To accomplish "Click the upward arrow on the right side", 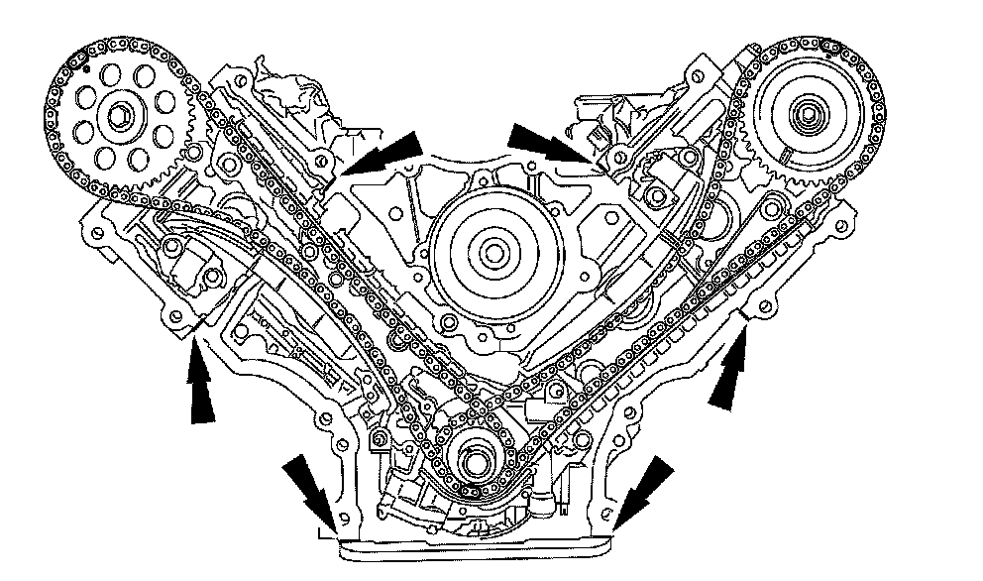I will [730, 372].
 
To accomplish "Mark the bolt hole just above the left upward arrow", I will [177, 315].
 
